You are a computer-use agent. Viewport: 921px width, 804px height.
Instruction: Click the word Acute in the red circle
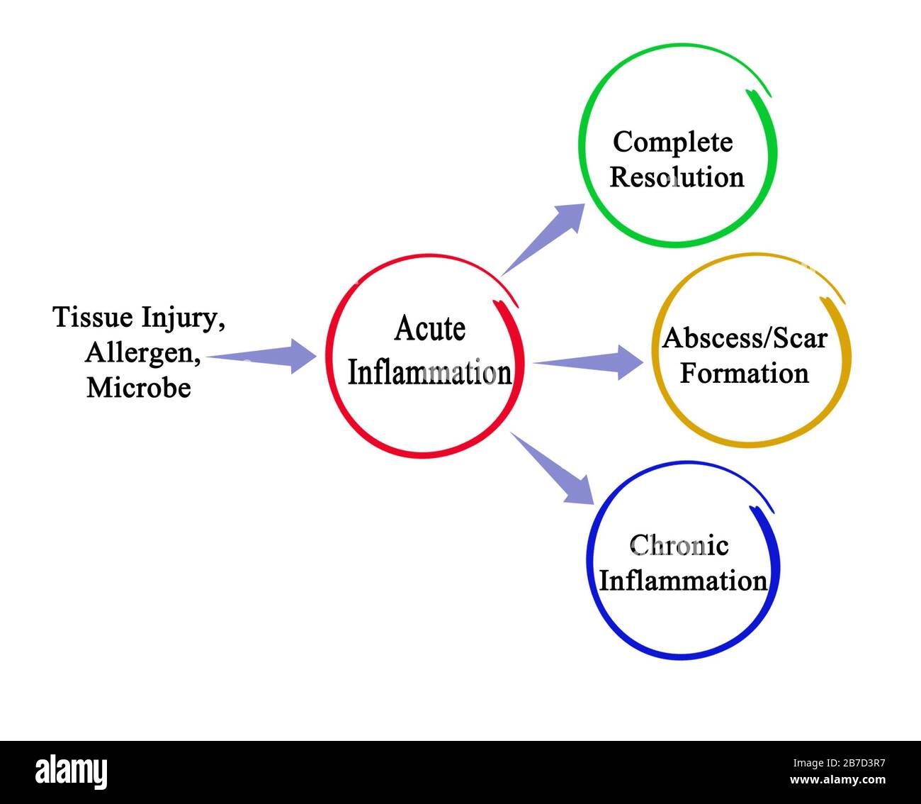(430, 329)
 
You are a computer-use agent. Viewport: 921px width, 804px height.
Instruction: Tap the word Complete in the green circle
(672, 142)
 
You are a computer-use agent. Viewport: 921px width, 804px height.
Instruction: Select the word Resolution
(677, 177)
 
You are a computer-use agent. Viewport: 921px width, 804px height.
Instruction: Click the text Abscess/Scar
(745, 338)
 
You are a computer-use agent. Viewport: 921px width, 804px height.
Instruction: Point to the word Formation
(744, 373)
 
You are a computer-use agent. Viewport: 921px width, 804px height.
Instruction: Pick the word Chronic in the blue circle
(679, 545)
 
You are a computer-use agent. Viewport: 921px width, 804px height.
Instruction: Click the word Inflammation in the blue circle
(683, 581)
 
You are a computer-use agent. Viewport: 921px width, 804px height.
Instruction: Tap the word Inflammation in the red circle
(429, 373)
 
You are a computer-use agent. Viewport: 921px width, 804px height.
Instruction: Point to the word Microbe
(139, 387)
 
